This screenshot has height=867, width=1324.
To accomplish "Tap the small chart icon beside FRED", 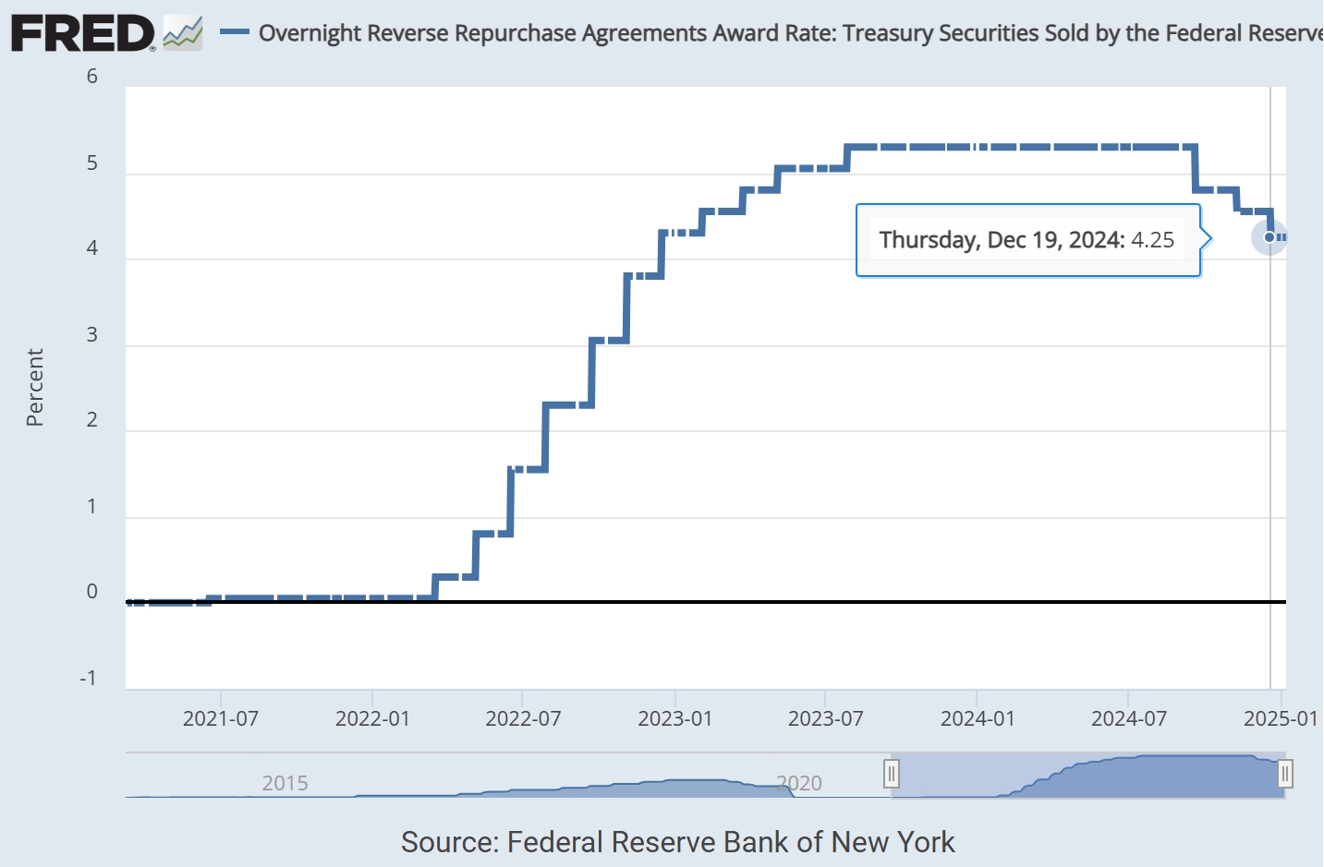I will tap(182, 34).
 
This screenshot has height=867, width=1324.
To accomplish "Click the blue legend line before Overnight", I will tap(234, 32).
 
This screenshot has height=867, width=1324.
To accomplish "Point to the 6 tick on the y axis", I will tap(92, 77).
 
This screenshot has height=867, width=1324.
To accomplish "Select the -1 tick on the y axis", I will tap(88, 679).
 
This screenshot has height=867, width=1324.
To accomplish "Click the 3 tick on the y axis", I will tap(92, 335).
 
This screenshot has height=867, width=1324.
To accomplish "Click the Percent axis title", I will tap(35, 387).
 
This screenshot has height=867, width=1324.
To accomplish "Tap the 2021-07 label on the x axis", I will tap(221, 719).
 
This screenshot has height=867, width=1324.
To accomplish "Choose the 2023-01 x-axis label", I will tap(675, 719).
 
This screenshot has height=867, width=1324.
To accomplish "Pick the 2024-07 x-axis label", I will tap(1129, 719).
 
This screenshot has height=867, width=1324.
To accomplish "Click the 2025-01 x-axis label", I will tap(1281, 719).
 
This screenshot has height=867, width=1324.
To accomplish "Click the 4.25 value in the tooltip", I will tap(1153, 240).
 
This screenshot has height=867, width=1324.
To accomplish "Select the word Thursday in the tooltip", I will tap(928, 240).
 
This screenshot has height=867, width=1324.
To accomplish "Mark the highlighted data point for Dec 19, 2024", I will tap(1269, 237).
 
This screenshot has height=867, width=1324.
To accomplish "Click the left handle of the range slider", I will tap(892, 774).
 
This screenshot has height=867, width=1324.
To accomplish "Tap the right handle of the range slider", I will tap(1284, 774).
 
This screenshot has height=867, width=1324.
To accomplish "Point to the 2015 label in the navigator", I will tap(285, 784).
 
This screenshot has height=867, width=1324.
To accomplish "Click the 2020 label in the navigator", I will tap(799, 784).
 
